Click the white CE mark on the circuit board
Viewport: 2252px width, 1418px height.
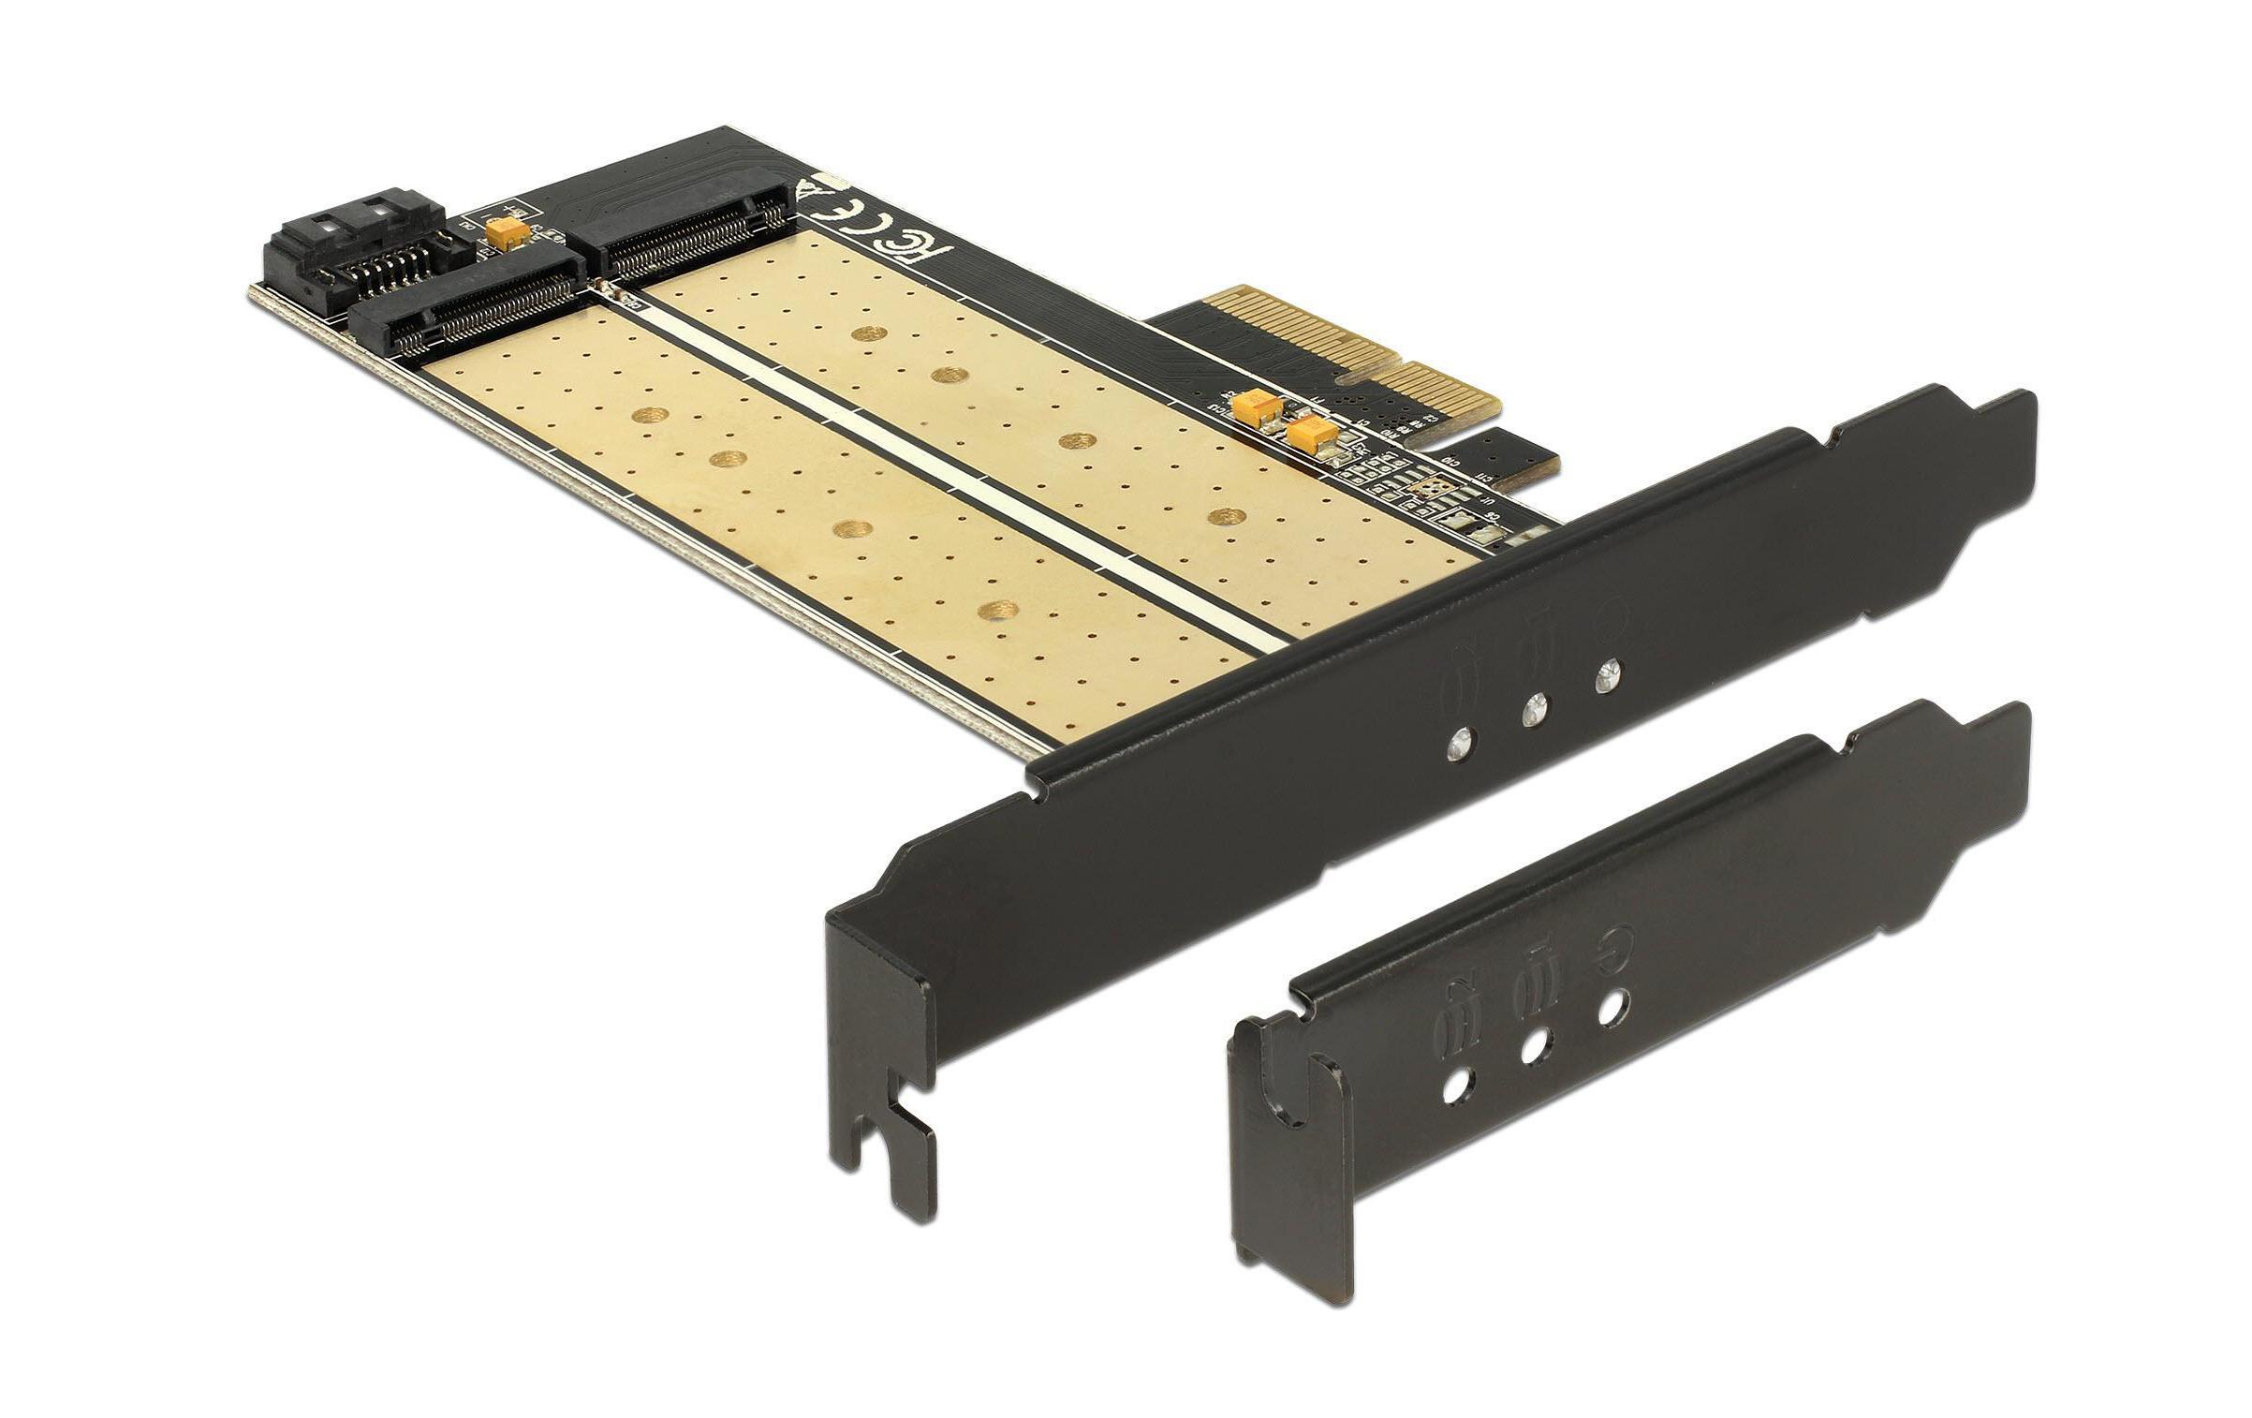(847, 205)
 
